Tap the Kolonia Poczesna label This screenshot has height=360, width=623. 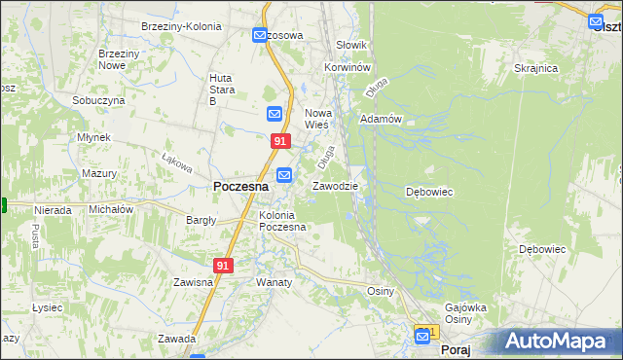(x=282, y=221)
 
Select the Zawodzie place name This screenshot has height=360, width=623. (x=336, y=186)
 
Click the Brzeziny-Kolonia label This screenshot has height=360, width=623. (x=177, y=26)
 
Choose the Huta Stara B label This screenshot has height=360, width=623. (x=226, y=89)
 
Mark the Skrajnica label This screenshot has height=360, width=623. (x=535, y=68)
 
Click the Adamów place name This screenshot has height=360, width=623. (x=381, y=119)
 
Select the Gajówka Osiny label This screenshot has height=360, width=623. (x=464, y=313)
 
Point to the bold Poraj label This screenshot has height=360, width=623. (x=456, y=348)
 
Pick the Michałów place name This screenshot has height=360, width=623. (x=111, y=209)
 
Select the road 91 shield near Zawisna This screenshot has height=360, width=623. (x=224, y=265)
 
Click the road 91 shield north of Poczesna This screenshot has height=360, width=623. (x=280, y=141)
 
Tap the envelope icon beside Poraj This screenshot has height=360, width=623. (x=423, y=336)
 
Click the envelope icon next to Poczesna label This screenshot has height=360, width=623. (x=284, y=175)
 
